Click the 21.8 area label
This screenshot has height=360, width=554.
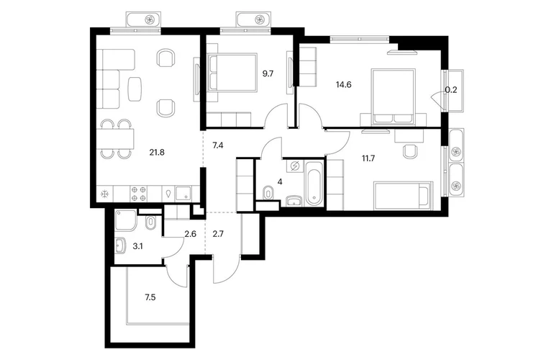click(x=157, y=153)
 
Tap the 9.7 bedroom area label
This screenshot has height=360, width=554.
click(x=268, y=74)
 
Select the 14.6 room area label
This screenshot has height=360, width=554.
click(x=343, y=85)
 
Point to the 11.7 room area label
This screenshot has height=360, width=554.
click(x=368, y=158)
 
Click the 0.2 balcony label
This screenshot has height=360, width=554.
click(x=451, y=90)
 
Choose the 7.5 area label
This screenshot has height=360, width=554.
click(x=150, y=297)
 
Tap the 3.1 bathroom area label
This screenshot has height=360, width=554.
click(x=137, y=246)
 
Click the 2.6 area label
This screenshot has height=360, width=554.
click(x=191, y=234)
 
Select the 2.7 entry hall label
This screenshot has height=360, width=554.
click(x=218, y=234)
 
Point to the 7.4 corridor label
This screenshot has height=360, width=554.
click(x=217, y=145)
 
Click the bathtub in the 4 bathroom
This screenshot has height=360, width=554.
click(x=315, y=183)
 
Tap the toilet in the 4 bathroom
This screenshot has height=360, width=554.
click(x=269, y=192)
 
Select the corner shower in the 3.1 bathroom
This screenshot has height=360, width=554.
click(x=125, y=220)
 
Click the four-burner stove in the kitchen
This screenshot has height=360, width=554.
click(x=138, y=194)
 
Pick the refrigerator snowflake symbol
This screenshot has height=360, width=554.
click(x=104, y=194)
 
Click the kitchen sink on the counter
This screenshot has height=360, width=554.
click(x=183, y=194)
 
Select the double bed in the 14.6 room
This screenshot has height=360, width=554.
click(x=393, y=97)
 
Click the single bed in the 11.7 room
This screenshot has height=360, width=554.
click(x=403, y=196)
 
